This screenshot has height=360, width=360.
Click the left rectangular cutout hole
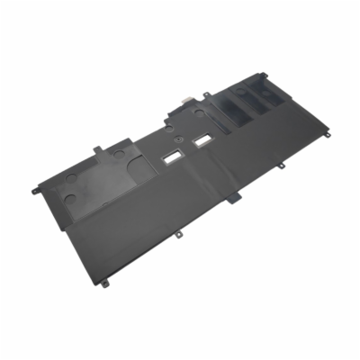pos(166,156)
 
